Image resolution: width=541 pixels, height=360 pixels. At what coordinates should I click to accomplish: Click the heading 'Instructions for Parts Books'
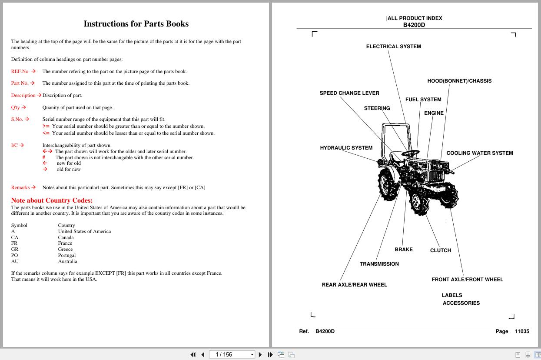point(136,24)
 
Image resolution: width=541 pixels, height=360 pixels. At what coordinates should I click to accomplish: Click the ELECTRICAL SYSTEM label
point(393,47)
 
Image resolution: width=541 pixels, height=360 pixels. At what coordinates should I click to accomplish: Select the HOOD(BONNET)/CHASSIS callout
point(459,81)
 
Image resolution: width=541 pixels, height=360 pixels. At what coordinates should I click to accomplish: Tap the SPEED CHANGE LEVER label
point(349,93)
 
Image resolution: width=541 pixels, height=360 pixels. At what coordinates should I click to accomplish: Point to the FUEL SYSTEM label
point(423,100)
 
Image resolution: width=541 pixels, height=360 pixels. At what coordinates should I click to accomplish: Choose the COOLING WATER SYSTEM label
point(479,153)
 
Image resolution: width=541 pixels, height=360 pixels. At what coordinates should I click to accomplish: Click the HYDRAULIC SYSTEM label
point(346,148)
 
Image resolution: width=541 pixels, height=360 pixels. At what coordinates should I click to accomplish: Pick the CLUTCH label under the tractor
point(440,250)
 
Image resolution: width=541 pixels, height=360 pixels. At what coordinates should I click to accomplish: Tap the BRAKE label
point(403,250)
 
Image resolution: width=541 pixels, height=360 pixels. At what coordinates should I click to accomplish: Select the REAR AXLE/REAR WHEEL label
point(354,285)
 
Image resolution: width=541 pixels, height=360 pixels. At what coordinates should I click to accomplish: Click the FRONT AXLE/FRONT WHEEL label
point(467,280)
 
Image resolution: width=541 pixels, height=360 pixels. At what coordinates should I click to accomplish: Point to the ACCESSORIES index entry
point(461,303)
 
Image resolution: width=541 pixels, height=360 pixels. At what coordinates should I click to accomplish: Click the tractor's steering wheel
point(410,153)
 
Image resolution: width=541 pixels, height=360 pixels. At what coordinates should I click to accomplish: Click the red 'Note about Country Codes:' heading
point(52,200)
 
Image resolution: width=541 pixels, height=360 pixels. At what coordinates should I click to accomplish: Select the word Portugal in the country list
point(67,256)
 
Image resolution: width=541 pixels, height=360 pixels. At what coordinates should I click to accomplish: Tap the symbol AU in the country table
point(14,262)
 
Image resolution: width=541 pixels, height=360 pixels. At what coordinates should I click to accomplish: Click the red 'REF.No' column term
point(20,71)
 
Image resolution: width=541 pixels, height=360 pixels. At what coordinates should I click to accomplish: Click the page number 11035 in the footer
point(521,331)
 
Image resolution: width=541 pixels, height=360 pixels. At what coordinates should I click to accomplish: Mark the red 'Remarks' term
point(20,188)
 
